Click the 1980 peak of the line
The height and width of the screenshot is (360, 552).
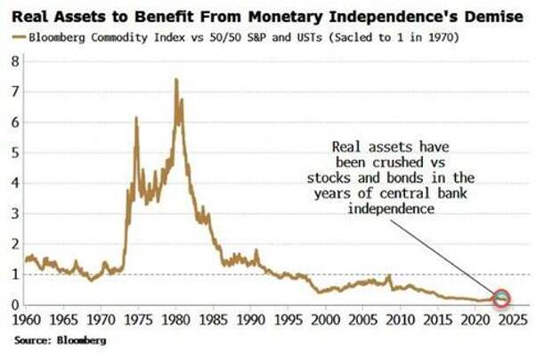[x=175, y=80]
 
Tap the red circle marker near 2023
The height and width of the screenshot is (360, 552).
[x=501, y=298]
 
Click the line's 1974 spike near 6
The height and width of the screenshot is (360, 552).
[x=136, y=119]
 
